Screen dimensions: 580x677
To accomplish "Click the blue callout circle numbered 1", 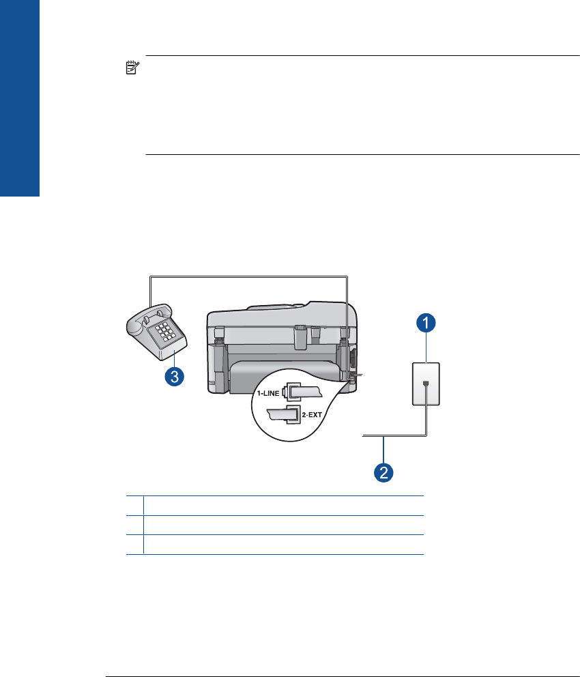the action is point(426,323).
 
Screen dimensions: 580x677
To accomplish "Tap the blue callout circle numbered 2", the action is point(383,472).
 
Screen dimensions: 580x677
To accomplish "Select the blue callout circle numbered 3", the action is point(175,376).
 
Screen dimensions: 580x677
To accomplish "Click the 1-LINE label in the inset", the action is point(268,393).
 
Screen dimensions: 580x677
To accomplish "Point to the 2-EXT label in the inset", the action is point(312,415).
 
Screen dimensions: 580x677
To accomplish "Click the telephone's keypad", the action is point(164,332).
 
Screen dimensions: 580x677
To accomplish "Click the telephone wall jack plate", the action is point(426,384).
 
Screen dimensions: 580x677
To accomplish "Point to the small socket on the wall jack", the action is point(426,383).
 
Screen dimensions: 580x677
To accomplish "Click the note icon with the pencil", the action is point(132,68).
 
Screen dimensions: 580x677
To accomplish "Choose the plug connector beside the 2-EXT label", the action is point(285,415).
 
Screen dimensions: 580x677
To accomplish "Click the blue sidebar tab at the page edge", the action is point(20,98).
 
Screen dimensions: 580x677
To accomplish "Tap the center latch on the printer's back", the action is point(301,336).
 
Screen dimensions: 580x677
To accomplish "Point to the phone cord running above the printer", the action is point(248,277).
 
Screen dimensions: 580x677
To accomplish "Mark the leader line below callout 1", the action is point(426,347).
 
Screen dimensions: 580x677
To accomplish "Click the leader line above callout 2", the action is point(383,450).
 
